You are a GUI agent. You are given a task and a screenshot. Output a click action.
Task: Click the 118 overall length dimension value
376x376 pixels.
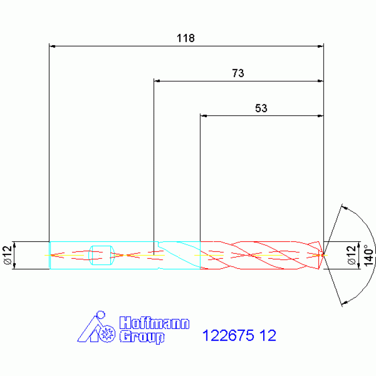click(186, 38)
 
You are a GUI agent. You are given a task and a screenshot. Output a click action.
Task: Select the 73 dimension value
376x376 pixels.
click(238, 73)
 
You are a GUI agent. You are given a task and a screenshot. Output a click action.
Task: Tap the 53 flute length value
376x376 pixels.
click(261, 108)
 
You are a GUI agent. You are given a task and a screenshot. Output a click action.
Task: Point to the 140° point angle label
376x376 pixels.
click(369, 255)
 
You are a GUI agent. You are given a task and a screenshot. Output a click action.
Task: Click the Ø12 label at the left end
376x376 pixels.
click(8, 255)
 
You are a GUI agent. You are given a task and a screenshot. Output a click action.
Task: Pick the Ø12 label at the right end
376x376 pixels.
click(351, 255)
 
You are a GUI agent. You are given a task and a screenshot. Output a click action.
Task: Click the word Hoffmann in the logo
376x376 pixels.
click(154, 323)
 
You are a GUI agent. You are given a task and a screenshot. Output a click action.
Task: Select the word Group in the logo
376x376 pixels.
click(142, 337)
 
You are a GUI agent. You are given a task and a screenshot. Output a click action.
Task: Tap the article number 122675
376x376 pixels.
click(228, 335)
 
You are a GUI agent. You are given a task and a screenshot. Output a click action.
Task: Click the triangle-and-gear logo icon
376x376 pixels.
click(96, 327)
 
